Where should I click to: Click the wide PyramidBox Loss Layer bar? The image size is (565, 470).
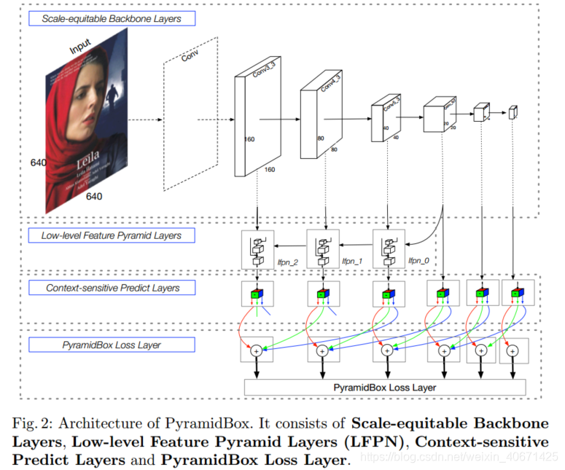[384, 388]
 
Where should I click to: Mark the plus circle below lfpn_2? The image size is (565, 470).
[257, 350]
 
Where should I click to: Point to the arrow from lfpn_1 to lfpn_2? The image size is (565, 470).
[290, 248]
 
